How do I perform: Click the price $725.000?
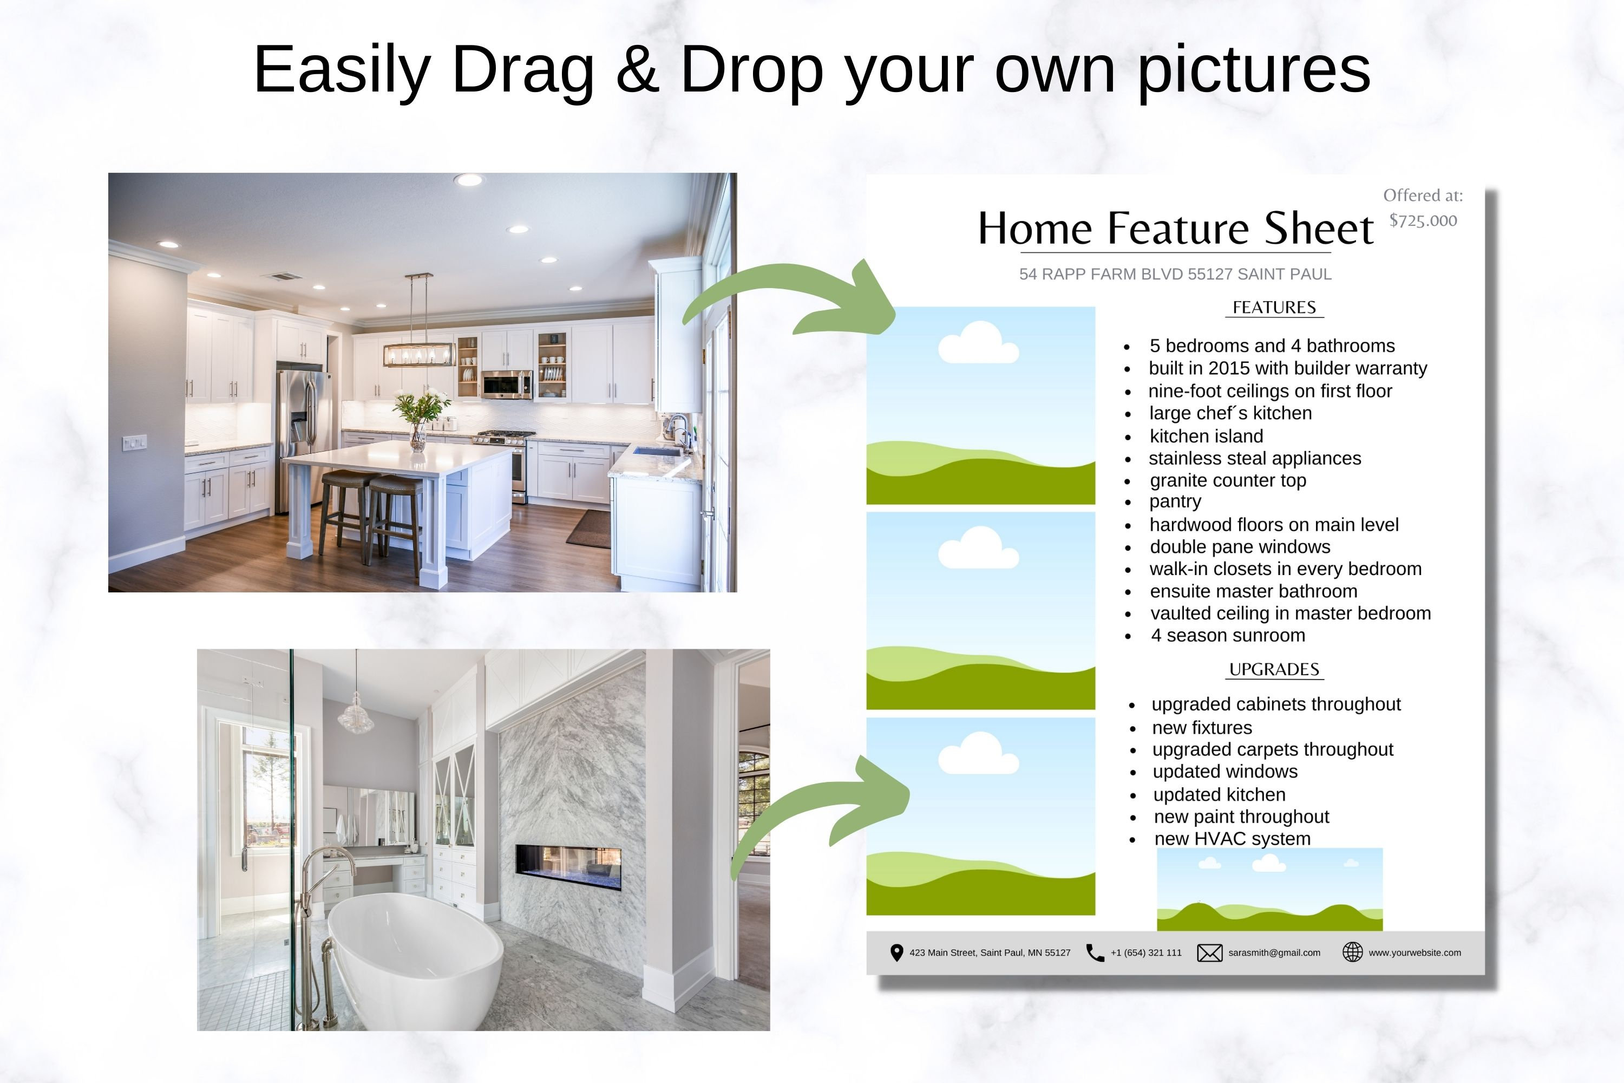[x=1423, y=221]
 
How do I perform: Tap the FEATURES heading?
[x=1274, y=308]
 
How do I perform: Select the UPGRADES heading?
[x=1274, y=669]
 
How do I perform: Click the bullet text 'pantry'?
[x=1175, y=501]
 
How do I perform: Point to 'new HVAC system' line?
[x=1232, y=838]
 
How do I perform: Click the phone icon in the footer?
[x=1095, y=953]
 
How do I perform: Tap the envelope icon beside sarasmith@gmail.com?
[x=1209, y=953]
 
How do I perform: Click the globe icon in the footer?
[x=1352, y=952]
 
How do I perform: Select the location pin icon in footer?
[x=896, y=953]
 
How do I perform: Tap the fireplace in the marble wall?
[x=568, y=867]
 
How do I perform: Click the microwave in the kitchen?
[x=506, y=384]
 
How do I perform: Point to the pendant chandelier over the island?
[x=418, y=353]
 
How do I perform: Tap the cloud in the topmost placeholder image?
[x=978, y=343]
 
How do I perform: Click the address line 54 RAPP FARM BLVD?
[x=1175, y=274]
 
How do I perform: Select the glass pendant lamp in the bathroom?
[x=356, y=717]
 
